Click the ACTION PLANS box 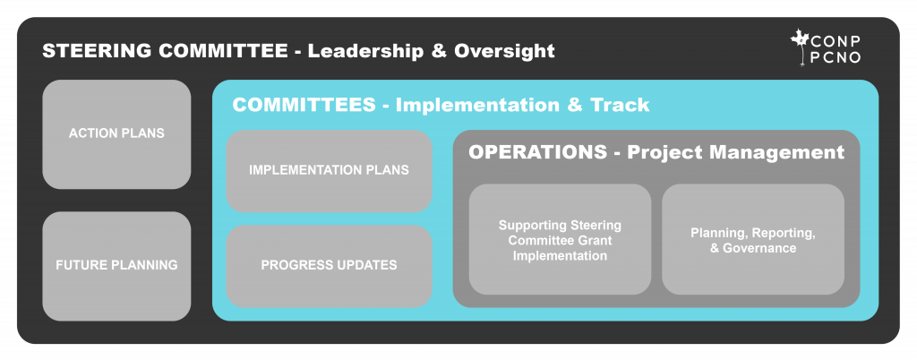[116, 133]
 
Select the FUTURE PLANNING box [116, 266]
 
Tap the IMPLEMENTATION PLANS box [329, 171]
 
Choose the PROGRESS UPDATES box [329, 266]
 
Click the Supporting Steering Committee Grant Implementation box [560, 240]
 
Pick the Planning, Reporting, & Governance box [753, 240]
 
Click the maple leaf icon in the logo [800, 46]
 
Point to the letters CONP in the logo [836, 40]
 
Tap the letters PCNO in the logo [836, 57]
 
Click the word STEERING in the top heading [97, 51]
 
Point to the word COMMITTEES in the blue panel [304, 105]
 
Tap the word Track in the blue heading [620, 105]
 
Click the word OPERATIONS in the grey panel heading [538, 152]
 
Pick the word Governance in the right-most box [759, 248]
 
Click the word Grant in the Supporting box [596, 240]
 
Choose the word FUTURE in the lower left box [78, 265]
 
